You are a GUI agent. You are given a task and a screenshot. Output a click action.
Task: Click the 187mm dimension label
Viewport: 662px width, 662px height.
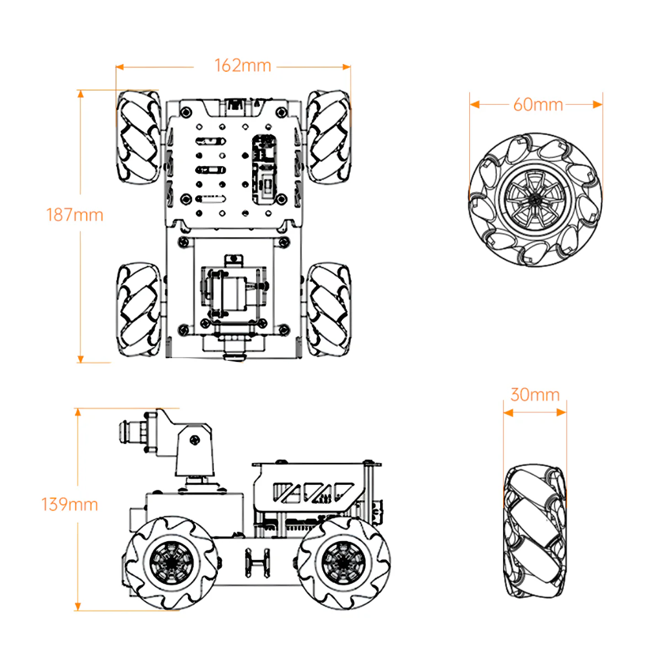click(x=74, y=215)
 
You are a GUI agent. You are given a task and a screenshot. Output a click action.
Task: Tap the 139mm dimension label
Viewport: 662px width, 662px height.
click(x=70, y=504)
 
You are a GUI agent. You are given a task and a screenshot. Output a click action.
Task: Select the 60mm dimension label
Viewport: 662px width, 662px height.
click(x=538, y=104)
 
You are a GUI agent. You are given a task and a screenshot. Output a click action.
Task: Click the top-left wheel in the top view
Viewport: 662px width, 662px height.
click(x=138, y=136)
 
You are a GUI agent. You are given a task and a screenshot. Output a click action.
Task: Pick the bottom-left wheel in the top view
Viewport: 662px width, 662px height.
click(x=138, y=308)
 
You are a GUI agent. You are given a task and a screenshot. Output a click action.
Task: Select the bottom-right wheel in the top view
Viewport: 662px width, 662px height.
click(x=329, y=308)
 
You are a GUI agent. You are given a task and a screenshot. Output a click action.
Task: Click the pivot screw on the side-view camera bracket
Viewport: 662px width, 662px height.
click(x=195, y=441)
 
